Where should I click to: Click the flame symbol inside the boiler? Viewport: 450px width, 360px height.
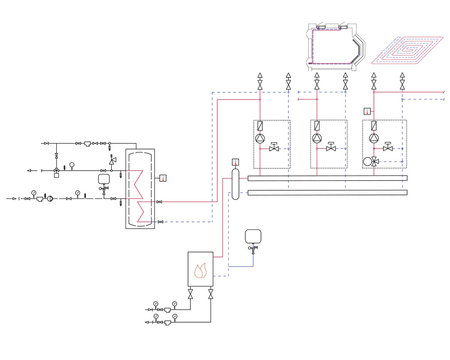pyautogui.click(x=200, y=268)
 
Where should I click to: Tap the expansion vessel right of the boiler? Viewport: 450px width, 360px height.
pyautogui.click(x=249, y=236)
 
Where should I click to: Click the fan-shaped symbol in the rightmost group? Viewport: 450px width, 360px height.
pyautogui.click(x=374, y=158)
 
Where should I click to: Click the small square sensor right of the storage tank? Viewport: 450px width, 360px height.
pyautogui.click(x=163, y=177)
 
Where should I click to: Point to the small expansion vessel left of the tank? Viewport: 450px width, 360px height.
pyautogui.click(x=111, y=159)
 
